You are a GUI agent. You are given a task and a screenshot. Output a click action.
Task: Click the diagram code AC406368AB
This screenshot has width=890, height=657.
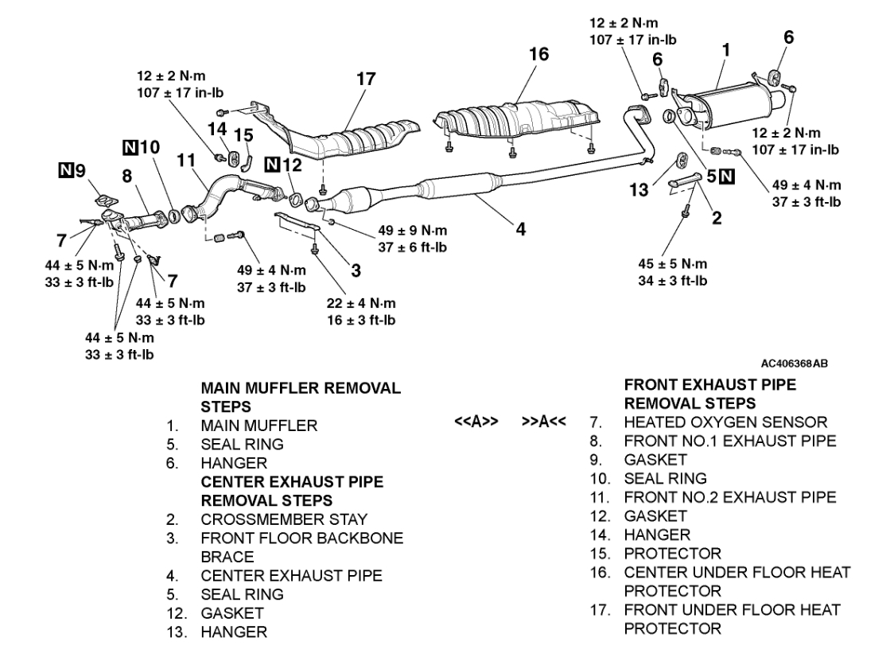[x=794, y=363]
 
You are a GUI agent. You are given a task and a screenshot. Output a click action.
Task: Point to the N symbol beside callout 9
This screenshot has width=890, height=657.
[x=67, y=169]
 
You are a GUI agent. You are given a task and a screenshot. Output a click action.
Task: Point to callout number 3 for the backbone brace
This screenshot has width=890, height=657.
[x=356, y=270]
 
